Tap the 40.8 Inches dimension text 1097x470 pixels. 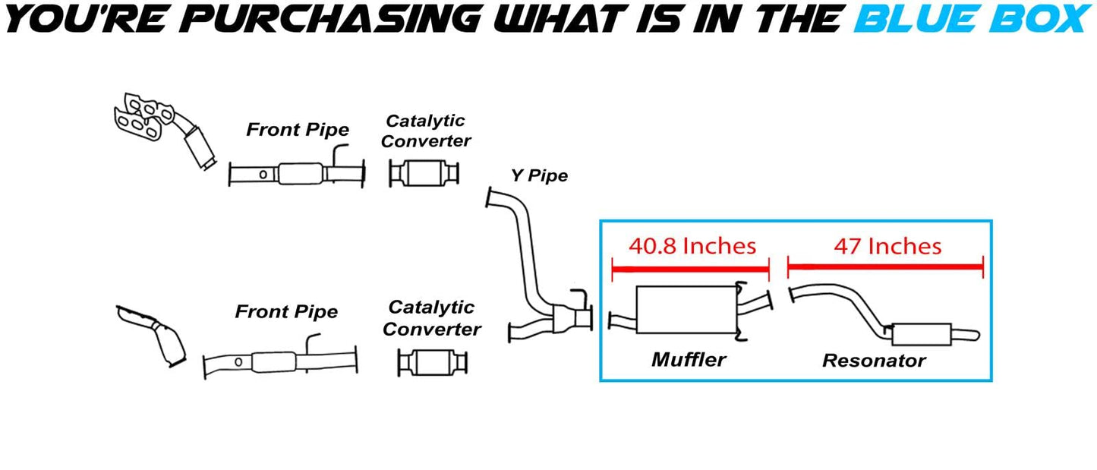pos(692,246)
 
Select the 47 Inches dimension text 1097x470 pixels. pos(887,246)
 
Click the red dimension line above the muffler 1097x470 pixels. pos(690,267)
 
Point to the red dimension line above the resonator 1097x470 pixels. pos(885,267)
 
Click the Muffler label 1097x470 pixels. pos(688,359)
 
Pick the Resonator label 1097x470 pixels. pos(874,361)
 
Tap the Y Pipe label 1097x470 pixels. pos(538,176)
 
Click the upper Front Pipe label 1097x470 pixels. pos(297,130)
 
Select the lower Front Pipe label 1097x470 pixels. pos(286,311)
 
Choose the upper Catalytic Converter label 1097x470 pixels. pos(425,131)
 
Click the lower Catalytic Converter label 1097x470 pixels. pos(431,318)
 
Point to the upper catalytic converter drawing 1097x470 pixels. pos(424,173)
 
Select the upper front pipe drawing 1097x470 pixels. pos(297,174)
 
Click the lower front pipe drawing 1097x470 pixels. pos(279,363)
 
